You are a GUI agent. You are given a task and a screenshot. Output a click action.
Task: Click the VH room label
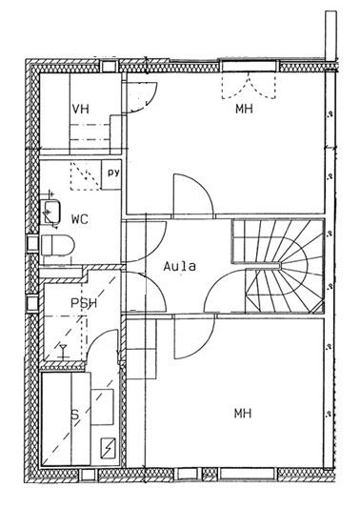[80, 109]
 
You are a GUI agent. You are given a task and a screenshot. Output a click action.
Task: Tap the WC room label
[80, 220]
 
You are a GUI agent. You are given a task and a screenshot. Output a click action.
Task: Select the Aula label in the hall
[180, 267]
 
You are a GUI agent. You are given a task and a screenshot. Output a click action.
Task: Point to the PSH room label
[84, 303]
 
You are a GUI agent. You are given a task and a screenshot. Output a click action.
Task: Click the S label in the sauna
[75, 415]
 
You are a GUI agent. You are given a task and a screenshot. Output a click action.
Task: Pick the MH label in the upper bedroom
[244, 109]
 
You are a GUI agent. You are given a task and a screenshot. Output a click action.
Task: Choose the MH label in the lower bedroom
[243, 414]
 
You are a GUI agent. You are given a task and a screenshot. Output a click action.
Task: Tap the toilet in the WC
[58, 245]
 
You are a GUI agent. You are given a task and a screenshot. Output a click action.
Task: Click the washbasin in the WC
[50, 212]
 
